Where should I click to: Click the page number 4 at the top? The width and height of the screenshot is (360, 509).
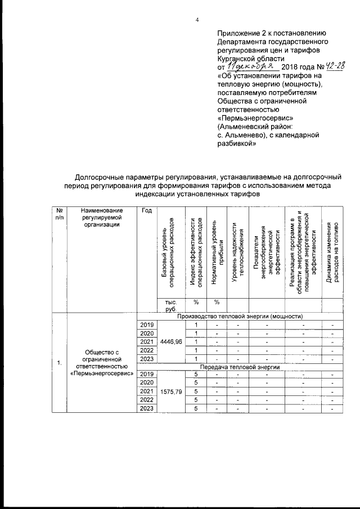pyautogui.click(x=197, y=21)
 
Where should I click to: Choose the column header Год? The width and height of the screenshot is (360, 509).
pyautogui.click(x=147, y=210)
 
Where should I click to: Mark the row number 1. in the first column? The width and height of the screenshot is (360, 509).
pyautogui.click(x=60, y=362)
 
